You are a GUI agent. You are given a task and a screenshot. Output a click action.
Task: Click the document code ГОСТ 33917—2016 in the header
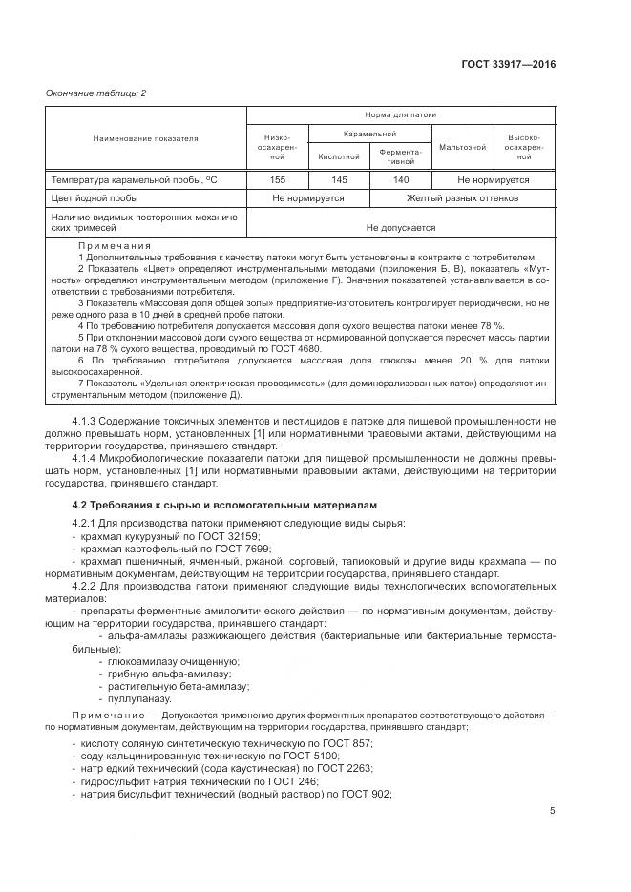coord(509,65)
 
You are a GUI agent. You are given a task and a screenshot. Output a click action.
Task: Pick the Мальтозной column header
coord(462,147)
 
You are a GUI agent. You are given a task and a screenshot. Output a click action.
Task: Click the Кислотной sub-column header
coord(339,156)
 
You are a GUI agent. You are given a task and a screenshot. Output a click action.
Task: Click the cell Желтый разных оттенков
coord(462,198)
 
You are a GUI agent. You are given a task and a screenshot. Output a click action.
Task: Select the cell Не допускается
coord(401,228)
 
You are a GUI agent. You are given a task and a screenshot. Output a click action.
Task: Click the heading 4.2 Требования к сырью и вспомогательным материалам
coord(224,505)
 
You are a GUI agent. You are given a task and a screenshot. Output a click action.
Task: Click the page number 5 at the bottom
coord(553,812)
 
